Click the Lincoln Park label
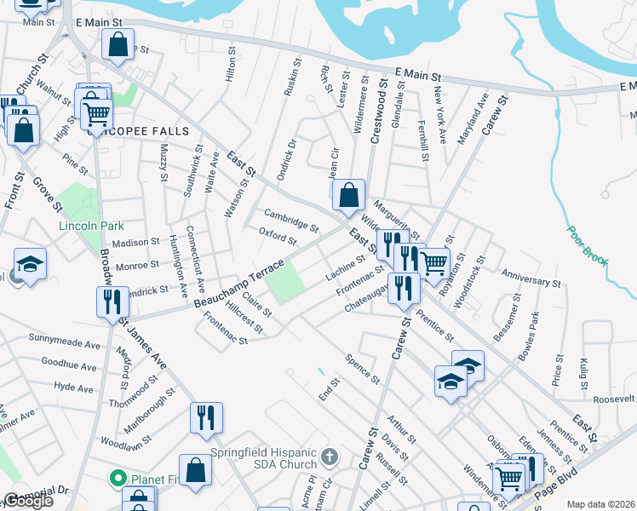click(91, 227)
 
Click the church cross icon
click(332, 458)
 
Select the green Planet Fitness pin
click(118, 479)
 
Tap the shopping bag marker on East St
click(348, 195)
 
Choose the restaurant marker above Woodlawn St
click(206, 417)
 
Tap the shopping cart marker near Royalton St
click(434, 262)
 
